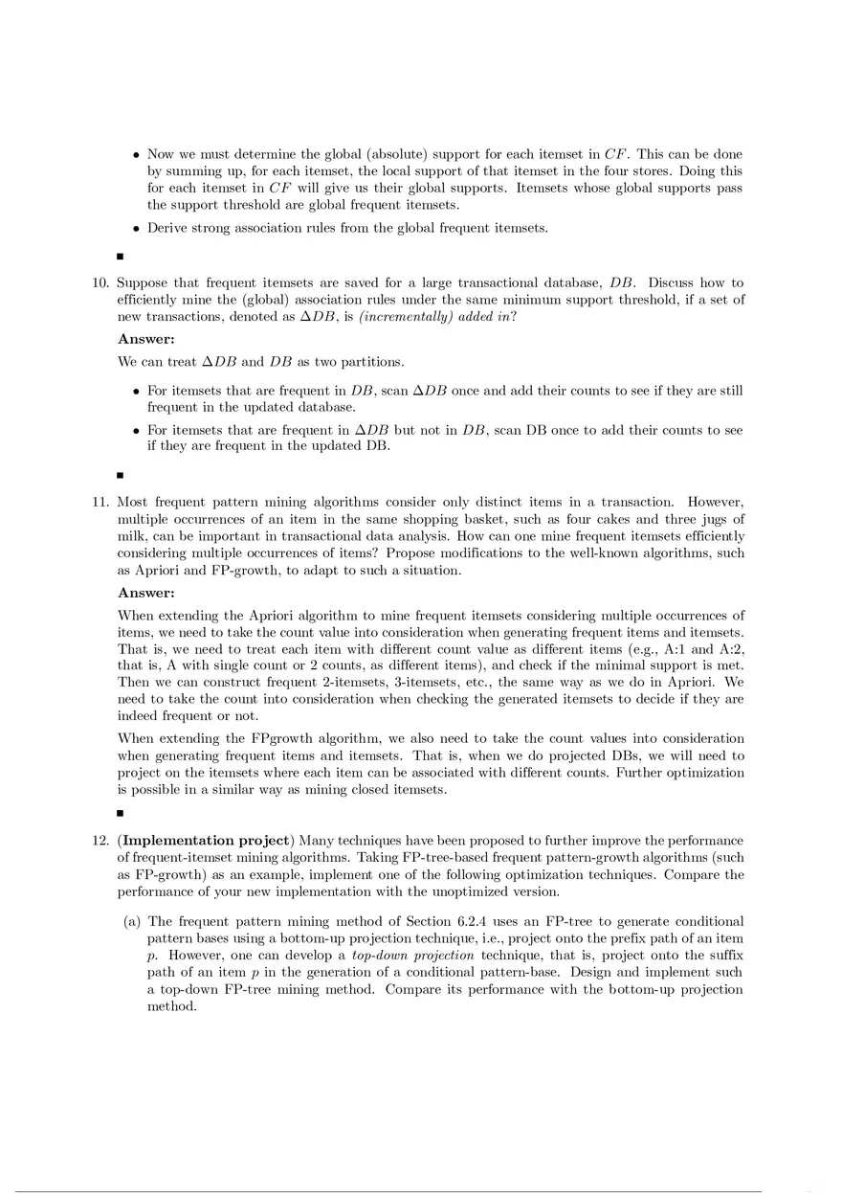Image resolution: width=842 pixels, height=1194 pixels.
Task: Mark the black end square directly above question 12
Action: (x=121, y=813)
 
